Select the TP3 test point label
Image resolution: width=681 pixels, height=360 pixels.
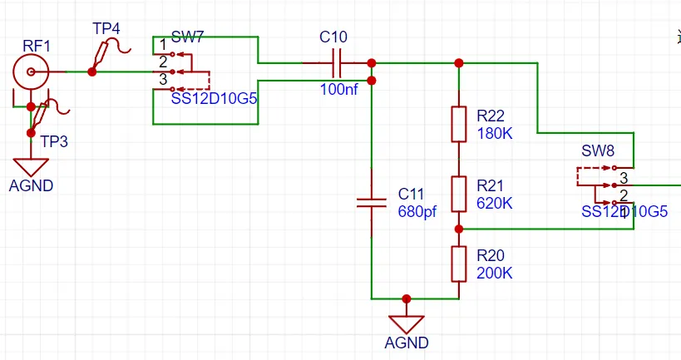[54, 141]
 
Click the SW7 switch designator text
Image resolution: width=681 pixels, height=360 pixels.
[188, 38]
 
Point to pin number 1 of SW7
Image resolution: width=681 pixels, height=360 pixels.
[163, 44]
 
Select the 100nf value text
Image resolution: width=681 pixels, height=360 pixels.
[338, 89]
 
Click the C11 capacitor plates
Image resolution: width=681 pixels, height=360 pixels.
[372, 202]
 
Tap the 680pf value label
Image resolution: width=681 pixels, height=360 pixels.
[417, 211]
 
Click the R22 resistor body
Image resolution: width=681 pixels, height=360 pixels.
[458, 124]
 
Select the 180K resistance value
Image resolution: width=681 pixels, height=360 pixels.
[496, 133]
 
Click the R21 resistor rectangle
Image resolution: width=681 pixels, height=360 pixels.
[458, 194]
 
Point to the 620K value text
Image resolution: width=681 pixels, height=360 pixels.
[496, 203]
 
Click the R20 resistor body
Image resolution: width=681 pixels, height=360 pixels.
[458, 264]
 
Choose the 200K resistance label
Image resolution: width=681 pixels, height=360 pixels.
[496, 273]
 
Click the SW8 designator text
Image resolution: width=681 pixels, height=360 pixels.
[598, 151]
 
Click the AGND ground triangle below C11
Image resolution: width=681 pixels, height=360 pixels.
[407, 323]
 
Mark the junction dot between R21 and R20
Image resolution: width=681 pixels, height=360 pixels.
[458, 228]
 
